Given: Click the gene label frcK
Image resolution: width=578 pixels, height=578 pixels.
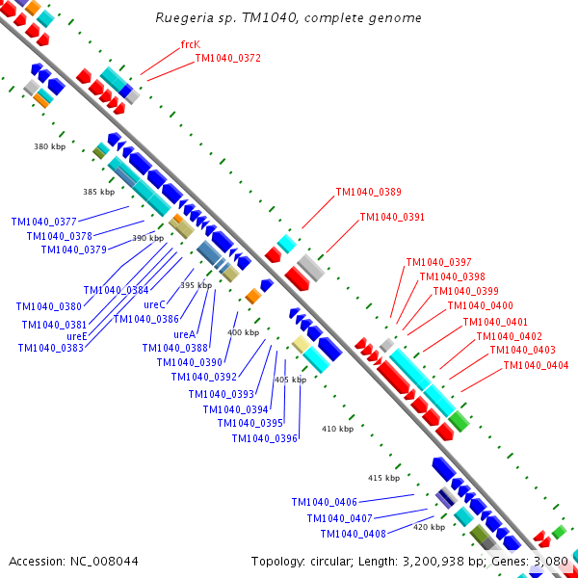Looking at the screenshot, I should click(x=190, y=45).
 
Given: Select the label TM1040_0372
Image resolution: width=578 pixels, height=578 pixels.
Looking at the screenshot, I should click(x=227, y=58).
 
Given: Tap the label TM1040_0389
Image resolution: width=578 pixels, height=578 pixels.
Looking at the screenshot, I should click(x=368, y=192).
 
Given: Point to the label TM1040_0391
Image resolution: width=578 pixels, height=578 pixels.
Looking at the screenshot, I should click(x=392, y=217).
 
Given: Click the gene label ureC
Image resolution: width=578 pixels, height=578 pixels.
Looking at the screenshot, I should click(x=154, y=304).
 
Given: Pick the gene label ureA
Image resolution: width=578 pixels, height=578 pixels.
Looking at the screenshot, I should click(x=184, y=334).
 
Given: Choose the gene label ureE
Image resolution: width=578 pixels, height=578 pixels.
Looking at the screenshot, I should click(x=77, y=336).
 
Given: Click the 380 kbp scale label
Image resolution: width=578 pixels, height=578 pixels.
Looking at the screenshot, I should click(x=49, y=146).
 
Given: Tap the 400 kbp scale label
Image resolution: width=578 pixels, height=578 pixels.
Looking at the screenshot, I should click(x=243, y=332).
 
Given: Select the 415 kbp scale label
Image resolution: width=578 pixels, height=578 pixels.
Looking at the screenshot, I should click(x=383, y=478).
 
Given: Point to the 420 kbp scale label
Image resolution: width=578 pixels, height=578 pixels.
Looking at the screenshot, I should click(x=429, y=527).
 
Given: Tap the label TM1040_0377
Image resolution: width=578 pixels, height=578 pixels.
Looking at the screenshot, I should click(x=43, y=222).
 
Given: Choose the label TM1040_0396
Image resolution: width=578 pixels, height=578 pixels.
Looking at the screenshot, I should click(x=264, y=438).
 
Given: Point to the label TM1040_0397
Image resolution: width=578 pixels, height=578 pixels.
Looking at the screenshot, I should click(x=438, y=262).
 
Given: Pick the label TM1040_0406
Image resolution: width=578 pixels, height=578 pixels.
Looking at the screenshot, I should click(x=324, y=502).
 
